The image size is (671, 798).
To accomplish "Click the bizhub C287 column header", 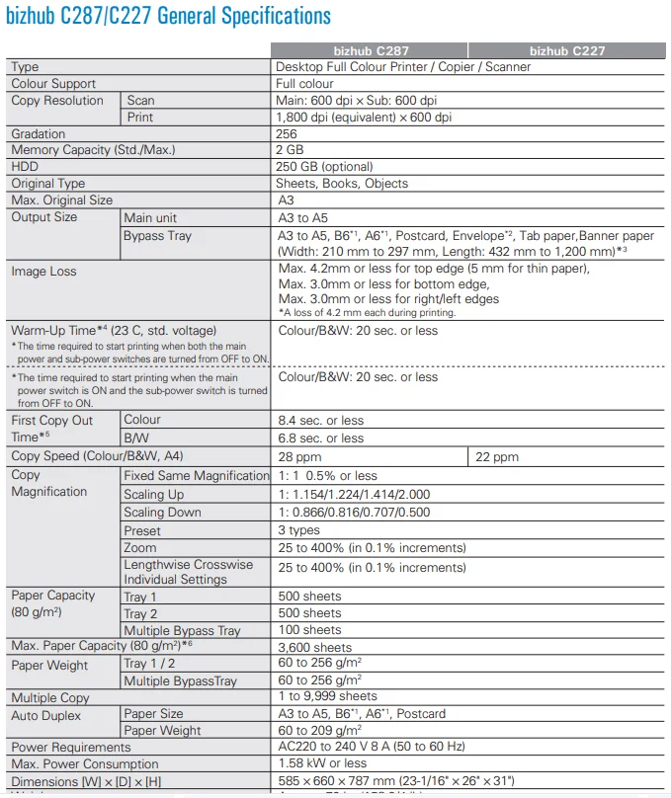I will tap(370, 50).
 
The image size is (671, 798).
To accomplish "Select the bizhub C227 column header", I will tap(566, 50).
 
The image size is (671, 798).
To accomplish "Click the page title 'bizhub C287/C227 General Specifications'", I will tap(169, 17).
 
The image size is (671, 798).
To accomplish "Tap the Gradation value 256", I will tap(287, 133).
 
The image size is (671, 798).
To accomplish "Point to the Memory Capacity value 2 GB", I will tap(290, 150).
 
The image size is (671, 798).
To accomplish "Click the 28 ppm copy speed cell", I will tap(299, 457).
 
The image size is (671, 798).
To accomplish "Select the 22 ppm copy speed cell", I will tap(496, 457).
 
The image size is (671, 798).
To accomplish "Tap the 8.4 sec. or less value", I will tap(320, 420).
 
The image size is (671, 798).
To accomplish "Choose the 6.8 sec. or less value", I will tap(320, 438).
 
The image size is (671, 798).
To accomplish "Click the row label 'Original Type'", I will tap(47, 184).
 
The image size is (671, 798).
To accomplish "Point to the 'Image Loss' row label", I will tap(43, 272).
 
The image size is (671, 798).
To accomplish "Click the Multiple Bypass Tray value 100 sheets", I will tap(309, 630).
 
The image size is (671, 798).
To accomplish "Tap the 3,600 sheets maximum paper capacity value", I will tap(314, 648).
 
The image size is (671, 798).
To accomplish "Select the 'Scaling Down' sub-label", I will tap(162, 513).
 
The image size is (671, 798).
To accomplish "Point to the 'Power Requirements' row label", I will tap(70, 748).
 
